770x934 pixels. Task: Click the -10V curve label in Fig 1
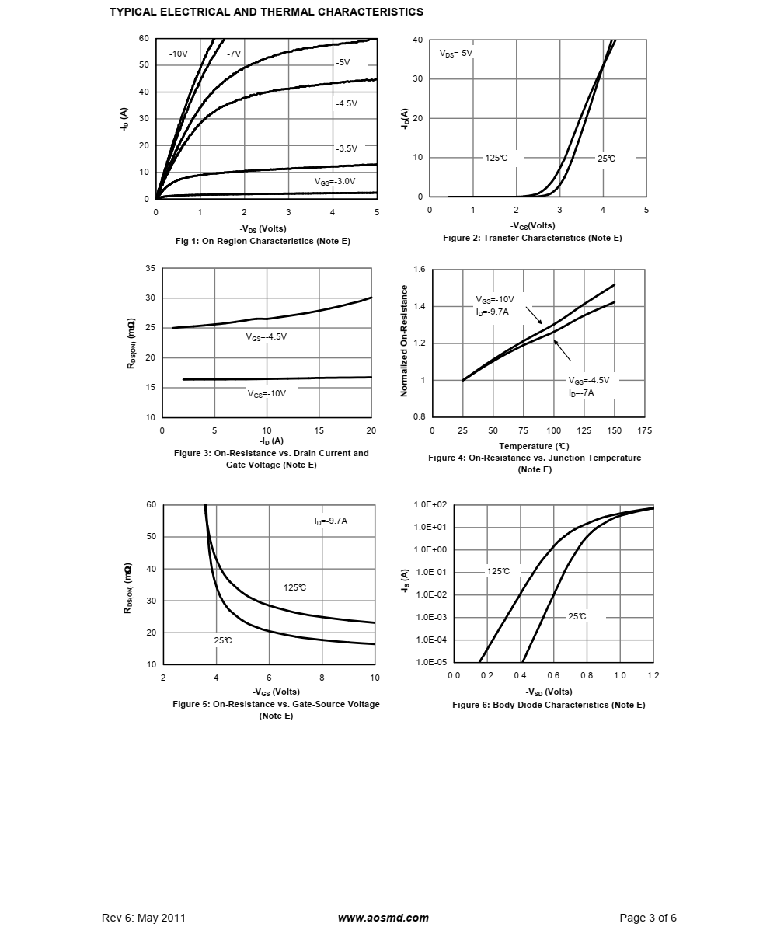[178, 54]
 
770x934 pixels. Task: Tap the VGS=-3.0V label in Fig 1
[335, 182]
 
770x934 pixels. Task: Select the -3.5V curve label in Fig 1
[347, 148]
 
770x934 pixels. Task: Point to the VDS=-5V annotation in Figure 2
[456, 54]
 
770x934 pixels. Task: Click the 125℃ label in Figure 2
[496, 159]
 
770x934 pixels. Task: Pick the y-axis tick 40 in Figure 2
[417, 40]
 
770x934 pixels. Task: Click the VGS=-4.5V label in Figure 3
[267, 336]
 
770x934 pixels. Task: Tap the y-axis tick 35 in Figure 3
[150, 268]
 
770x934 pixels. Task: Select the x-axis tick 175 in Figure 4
[645, 430]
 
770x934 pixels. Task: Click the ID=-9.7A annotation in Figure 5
[331, 521]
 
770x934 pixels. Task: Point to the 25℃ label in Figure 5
[223, 640]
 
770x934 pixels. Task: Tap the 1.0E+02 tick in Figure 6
[430, 504]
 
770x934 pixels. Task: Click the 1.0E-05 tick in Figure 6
[431, 662]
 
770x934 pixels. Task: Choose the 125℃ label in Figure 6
[498, 572]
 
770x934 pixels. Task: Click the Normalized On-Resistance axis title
[405, 341]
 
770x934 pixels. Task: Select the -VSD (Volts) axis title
[549, 692]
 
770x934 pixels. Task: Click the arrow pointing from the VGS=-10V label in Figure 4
[534, 315]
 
